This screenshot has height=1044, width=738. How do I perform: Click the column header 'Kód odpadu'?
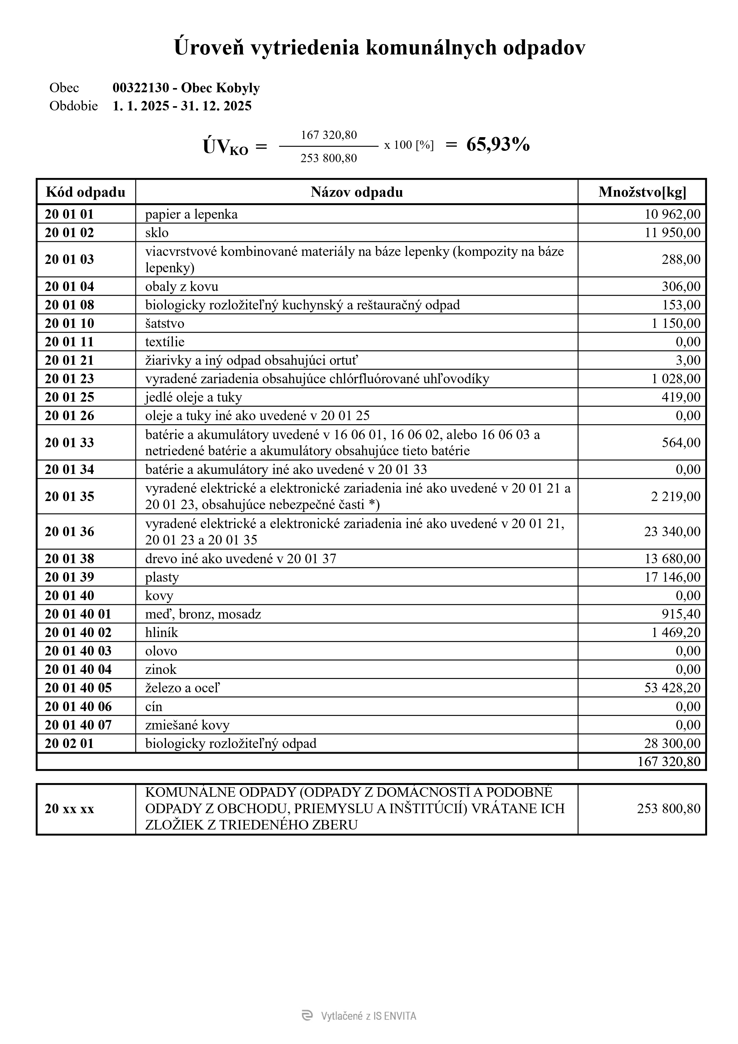[85, 192]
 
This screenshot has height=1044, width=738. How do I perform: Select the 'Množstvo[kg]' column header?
[642, 192]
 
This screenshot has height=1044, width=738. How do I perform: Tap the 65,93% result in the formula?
[498, 145]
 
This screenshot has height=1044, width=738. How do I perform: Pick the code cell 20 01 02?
[69, 233]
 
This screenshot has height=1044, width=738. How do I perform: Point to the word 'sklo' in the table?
[157, 233]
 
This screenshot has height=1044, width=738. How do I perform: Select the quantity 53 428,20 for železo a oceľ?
[672, 688]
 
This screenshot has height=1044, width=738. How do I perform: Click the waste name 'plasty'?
[162, 577]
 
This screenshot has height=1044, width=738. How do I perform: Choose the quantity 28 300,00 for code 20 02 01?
[672, 744]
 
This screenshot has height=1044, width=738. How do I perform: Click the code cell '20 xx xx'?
[69, 808]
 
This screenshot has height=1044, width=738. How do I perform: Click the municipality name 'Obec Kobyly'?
[221, 88]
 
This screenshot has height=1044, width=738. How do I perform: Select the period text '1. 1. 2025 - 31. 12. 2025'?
[182, 106]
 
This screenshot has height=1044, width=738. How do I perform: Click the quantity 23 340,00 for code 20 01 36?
[672, 532]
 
